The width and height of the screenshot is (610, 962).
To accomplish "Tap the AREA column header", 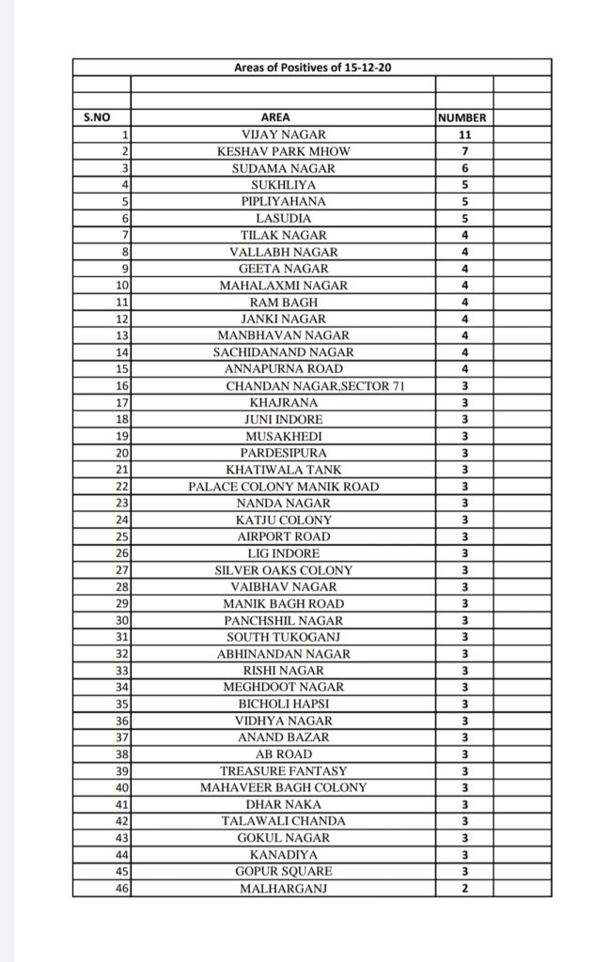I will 283,118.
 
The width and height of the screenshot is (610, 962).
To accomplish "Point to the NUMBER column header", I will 463,118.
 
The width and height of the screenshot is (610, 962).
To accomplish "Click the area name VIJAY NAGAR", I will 283,135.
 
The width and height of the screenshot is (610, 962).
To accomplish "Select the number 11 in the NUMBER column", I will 463,135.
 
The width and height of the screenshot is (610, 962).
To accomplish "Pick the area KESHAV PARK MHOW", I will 283,151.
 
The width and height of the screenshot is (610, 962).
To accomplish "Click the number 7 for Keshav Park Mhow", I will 463,151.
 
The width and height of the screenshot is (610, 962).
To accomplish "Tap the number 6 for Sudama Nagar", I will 463,168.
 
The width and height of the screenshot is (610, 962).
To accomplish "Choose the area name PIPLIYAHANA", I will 283,202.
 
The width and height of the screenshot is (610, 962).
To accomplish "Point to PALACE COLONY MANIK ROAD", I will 283,487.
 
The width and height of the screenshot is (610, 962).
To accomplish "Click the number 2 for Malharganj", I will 463,888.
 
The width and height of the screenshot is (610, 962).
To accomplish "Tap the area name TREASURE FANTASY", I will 283,771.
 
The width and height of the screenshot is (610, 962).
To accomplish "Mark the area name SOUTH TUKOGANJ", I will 283,637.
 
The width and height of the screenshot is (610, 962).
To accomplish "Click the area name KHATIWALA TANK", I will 283,470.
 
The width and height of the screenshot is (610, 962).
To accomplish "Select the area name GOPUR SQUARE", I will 283,871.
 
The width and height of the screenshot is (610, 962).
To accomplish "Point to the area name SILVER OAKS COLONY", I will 283,570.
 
